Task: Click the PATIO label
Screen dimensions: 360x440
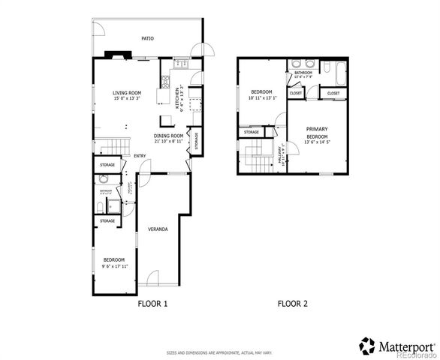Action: (x=148, y=37)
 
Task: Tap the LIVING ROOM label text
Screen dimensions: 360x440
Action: (x=127, y=92)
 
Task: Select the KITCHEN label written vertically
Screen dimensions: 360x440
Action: (x=178, y=97)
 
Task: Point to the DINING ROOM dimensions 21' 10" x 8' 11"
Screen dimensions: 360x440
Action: (x=169, y=141)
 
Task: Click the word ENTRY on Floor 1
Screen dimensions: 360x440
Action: (x=140, y=156)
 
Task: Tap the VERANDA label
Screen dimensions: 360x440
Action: (x=157, y=229)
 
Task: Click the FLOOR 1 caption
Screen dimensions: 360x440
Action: (x=152, y=304)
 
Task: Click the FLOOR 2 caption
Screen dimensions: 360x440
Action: (x=293, y=304)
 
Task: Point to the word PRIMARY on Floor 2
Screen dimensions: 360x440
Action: (x=317, y=129)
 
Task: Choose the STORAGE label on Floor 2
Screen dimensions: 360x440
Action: (x=251, y=133)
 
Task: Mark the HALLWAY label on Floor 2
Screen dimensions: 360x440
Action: (x=282, y=154)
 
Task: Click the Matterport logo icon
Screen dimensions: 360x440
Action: (x=367, y=346)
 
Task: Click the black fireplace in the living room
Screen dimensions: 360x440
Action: (x=116, y=55)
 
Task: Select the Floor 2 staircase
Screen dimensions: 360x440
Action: (x=259, y=157)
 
